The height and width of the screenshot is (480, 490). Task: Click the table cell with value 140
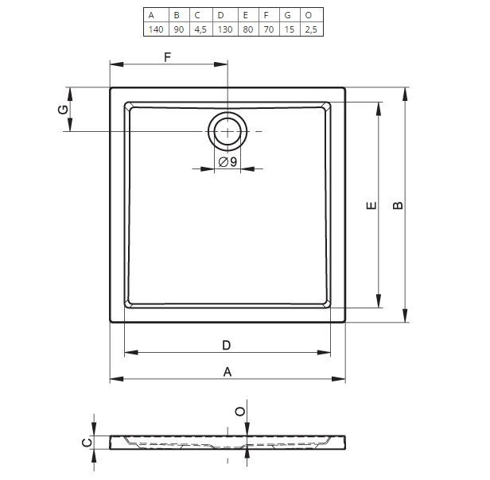click(x=156, y=29)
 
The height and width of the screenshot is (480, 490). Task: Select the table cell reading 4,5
click(x=200, y=29)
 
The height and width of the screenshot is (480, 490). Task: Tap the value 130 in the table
click(x=225, y=29)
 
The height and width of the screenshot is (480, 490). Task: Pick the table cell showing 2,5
click(x=311, y=29)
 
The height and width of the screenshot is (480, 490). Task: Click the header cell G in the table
click(x=288, y=15)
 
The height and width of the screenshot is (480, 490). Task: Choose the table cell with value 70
click(x=269, y=29)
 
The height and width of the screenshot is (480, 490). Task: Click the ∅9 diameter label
click(x=227, y=162)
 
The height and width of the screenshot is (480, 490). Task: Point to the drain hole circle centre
click(x=227, y=131)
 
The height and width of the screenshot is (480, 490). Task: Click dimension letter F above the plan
click(x=168, y=57)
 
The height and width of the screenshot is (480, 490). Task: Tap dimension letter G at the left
click(x=64, y=110)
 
